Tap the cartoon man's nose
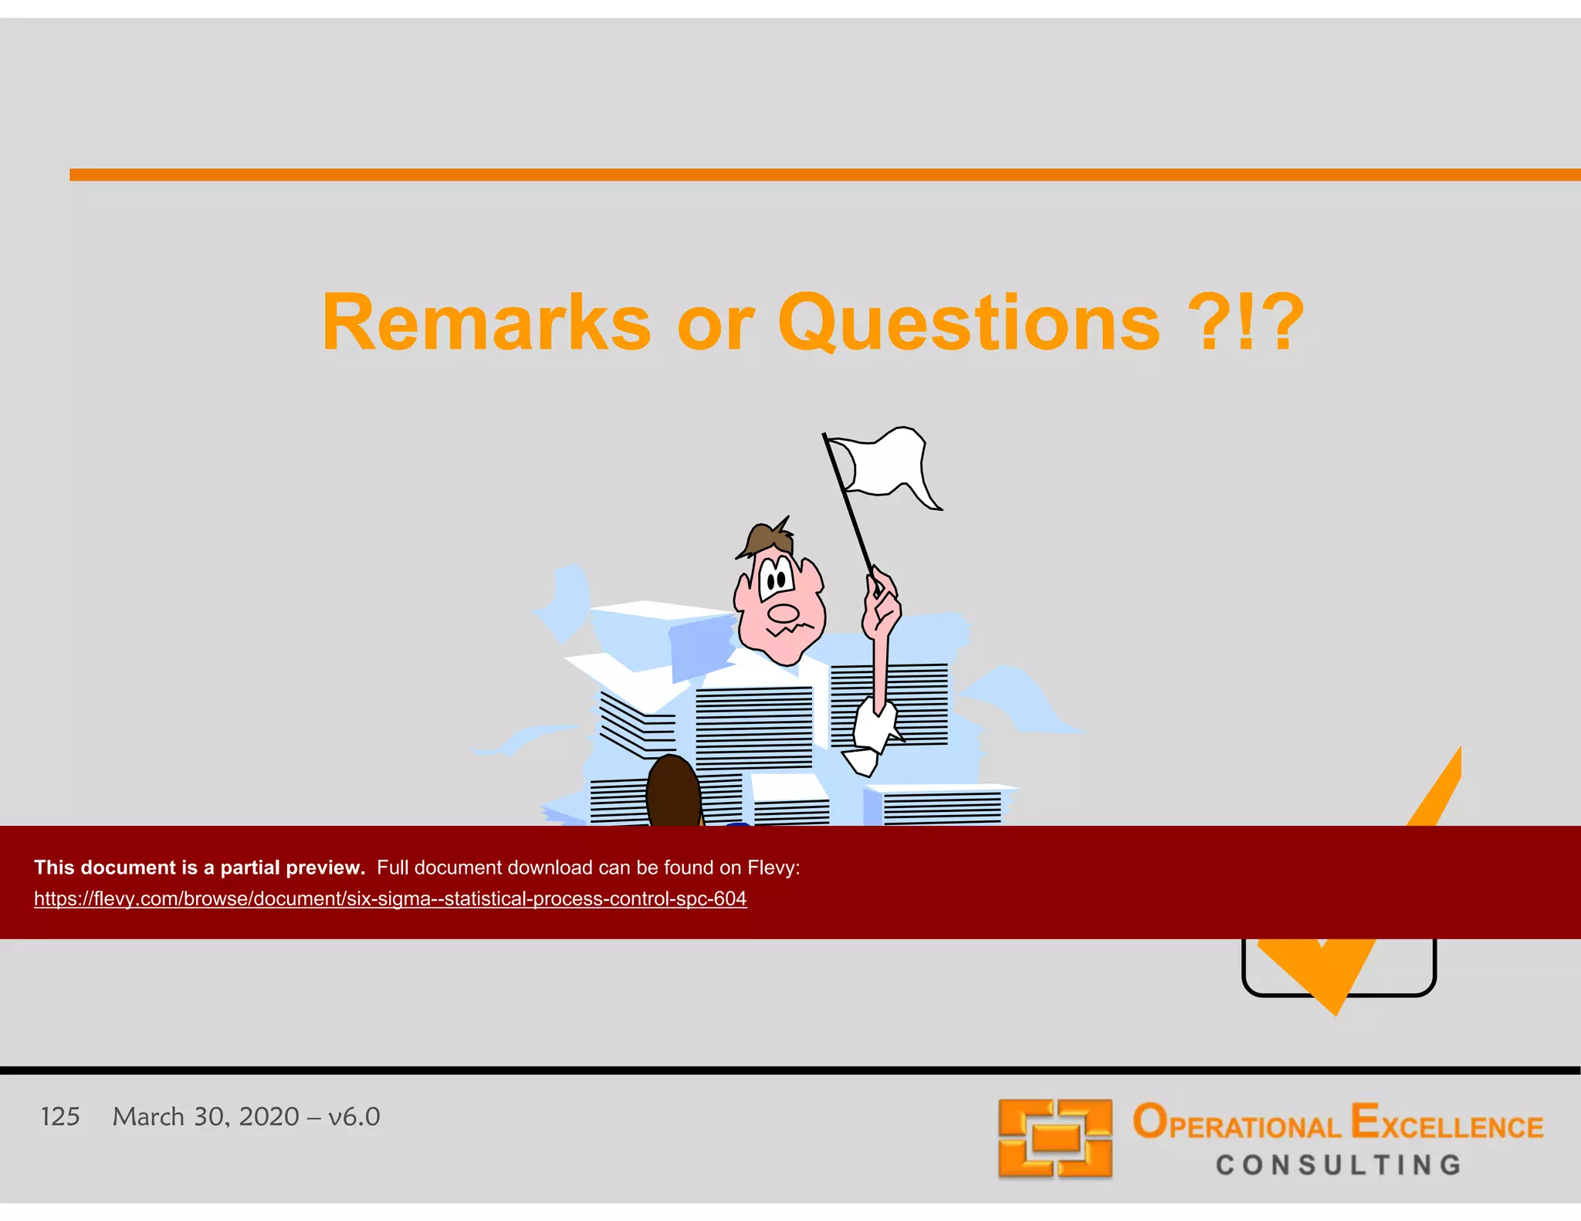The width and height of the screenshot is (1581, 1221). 784,614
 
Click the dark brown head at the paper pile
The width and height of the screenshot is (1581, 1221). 673,791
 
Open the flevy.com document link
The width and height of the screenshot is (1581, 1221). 390,899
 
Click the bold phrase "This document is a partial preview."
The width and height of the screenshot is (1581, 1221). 199,868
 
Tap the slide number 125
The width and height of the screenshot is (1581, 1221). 60,1117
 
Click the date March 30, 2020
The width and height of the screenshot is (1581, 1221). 205,1117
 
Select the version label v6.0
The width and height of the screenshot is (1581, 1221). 354,1117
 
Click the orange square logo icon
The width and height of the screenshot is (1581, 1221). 1055,1138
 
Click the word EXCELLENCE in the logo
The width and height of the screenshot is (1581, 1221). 1447,1123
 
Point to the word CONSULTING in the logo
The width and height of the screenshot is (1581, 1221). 1339,1165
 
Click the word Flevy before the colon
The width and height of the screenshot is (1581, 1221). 771,868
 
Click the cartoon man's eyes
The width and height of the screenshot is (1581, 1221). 776,579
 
